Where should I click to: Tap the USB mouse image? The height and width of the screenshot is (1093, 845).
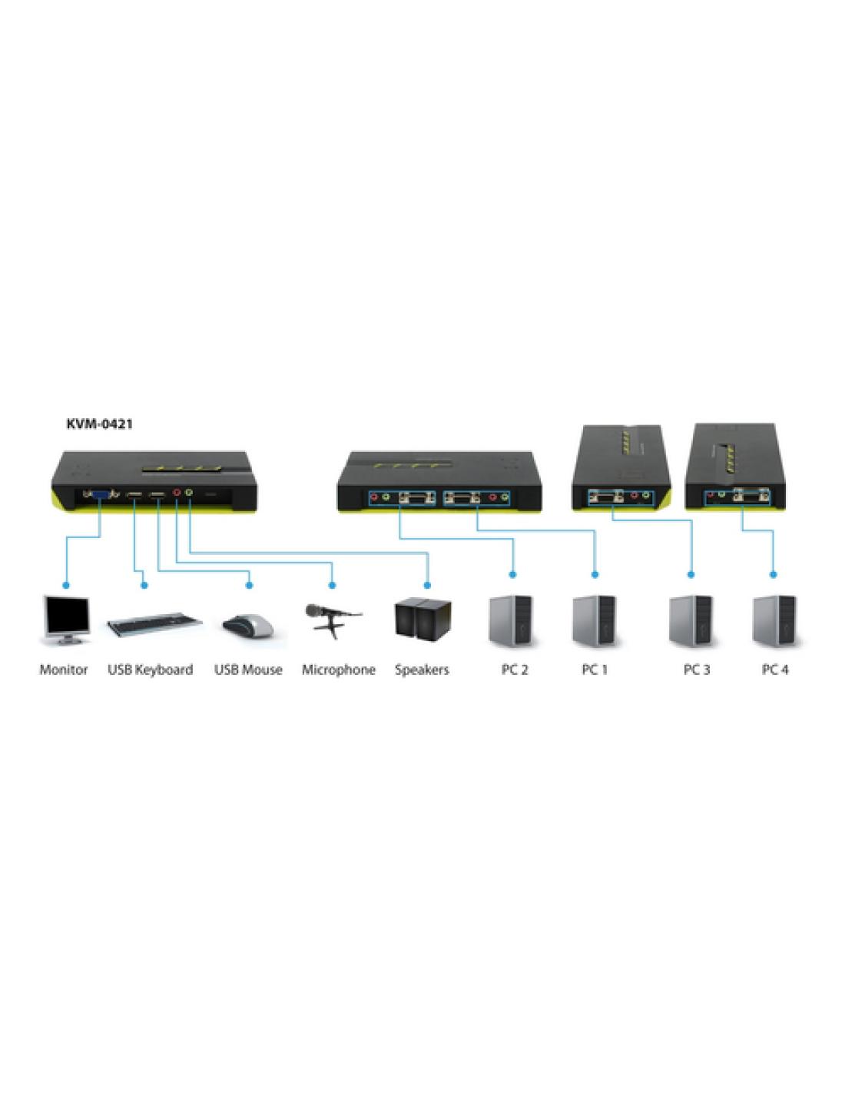tap(248, 625)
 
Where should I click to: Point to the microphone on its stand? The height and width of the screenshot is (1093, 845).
tap(332, 620)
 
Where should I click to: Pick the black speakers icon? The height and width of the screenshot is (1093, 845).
tap(422, 619)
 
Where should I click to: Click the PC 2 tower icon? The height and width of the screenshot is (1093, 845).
tap(513, 622)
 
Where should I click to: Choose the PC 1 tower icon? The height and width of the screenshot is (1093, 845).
tap(595, 622)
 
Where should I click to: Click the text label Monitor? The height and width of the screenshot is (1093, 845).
tap(64, 669)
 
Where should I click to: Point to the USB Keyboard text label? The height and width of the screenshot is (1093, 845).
tap(150, 669)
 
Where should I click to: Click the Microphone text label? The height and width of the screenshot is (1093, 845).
tap(338, 669)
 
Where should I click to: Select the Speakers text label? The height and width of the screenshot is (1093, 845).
tap(422, 669)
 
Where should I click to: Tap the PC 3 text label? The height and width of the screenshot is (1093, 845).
tap(697, 669)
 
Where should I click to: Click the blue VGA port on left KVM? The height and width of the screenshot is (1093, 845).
tap(101, 495)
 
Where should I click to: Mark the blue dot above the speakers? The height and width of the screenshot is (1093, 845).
tap(428, 585)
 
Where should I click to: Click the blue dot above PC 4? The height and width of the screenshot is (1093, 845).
tap(773, 574)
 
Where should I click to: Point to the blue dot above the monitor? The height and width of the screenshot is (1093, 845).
tap(65, 585)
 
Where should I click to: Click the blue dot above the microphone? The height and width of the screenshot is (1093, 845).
tap(333, 585)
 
